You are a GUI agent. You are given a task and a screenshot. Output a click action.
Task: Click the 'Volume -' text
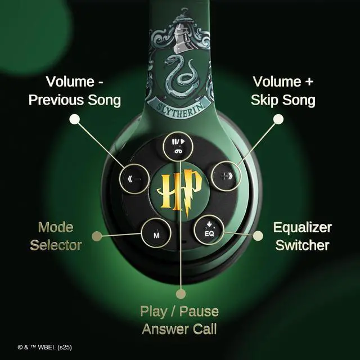pyautogui.click(x=74, y=82)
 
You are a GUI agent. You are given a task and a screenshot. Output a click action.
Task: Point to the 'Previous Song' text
pyautogui.click(x=74, y=101)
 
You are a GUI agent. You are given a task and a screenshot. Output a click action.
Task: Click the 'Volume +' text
pyautogui.click(x=283, y=82)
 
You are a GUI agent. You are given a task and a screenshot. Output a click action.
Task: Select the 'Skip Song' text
pyautogui.click(x=283, y=101)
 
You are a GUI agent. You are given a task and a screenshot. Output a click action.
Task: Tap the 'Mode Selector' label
pyautogui.click(x=56, y=236)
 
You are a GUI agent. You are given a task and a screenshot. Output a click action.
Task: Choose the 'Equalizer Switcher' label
pyautogui.click(x=302, y=236)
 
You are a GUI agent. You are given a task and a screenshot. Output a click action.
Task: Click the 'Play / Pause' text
pyautogui.click(x=179, y=311)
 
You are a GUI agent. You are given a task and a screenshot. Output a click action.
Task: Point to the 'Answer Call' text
pyautogui.click(x=179, y=329)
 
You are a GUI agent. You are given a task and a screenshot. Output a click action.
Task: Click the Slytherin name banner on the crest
pyautogui.click(x=178, y=106)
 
